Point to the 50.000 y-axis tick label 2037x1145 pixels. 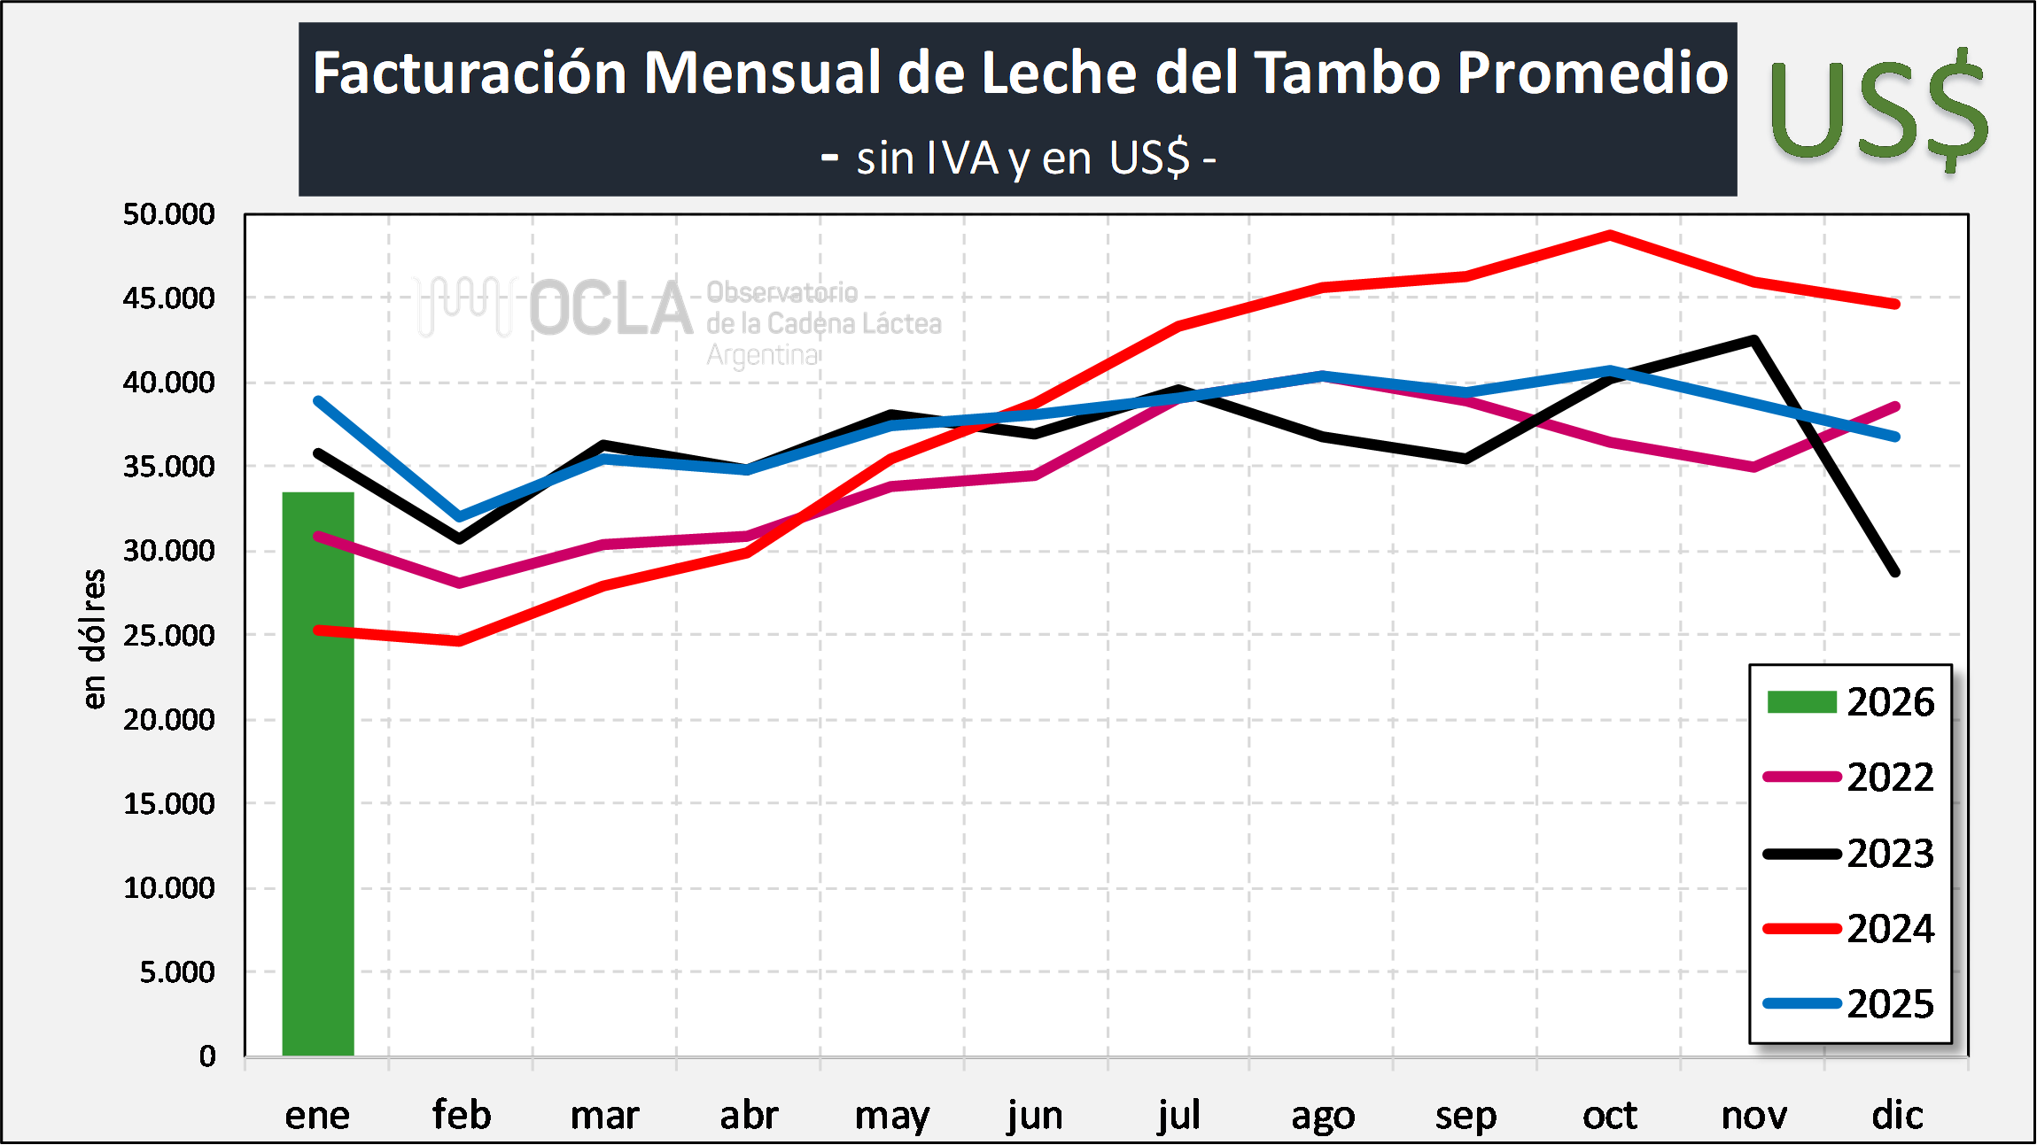[x=169, y=214]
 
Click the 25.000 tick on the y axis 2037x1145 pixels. [x=169, y=636]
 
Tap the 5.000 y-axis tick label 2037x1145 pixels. [x=177, y=972]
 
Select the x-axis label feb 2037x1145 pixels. [x=462, y=1115]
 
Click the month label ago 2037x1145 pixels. [x=1323, y=1115]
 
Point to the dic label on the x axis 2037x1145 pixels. [x=1897, y=1115]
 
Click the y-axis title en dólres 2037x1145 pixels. [x=93, y=638]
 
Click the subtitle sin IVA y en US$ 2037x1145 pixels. [x=1019, y=159]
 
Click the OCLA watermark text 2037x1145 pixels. [x=610, y=309]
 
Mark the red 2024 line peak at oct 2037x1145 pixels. [x=1610, y=235]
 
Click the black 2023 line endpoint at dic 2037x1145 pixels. [x=1895, y=572]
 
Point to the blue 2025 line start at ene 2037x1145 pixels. [x=318, y=401]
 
